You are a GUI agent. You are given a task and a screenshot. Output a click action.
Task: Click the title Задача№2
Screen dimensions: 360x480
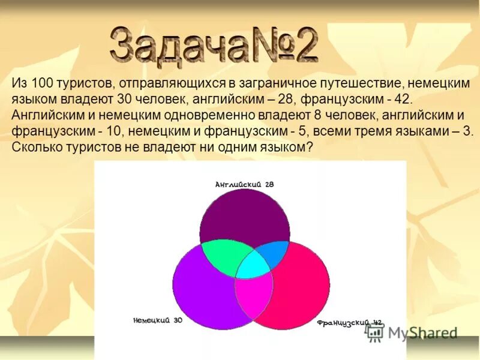[x=214, y=43]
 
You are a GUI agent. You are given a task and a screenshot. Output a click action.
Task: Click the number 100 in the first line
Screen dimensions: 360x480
[x=44, y=84]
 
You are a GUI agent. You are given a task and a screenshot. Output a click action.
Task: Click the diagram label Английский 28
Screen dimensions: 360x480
[x=244, y=185]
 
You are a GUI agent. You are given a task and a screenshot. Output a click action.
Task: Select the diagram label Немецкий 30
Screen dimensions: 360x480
[x=157, y=320]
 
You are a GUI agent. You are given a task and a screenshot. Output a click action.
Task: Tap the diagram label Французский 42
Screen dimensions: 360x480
[x=349, y=323]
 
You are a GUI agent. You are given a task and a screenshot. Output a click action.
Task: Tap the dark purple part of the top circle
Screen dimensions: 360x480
[x=244, y=216]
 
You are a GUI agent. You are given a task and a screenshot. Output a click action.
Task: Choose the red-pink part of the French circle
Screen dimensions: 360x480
[x=300, y=288]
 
